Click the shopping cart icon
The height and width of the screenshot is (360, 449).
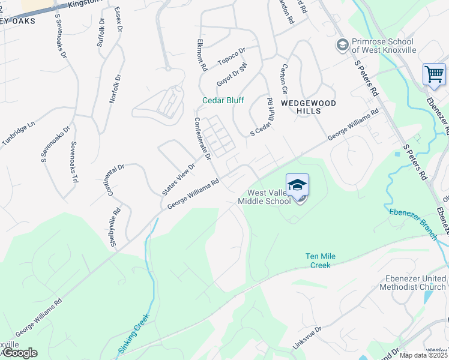pyautogui.click(x=434, y=75)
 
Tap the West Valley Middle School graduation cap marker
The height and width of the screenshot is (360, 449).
pyautogui.click(x=297, y=185)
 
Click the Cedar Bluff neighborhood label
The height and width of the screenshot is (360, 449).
pyautogui.click(x=223, y=100)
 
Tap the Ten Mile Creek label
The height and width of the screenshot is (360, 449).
pyautogui.click(x=321, y=260)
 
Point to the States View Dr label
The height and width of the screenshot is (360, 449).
pyautogui.click(x=179, y=179)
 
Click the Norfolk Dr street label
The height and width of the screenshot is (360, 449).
pyautogui.click(x=115, y=89)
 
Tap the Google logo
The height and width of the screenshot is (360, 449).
pyautogui.click(x=19, y=353)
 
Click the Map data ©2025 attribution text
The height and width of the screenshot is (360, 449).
pyautogui.click(x=424, y=355)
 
